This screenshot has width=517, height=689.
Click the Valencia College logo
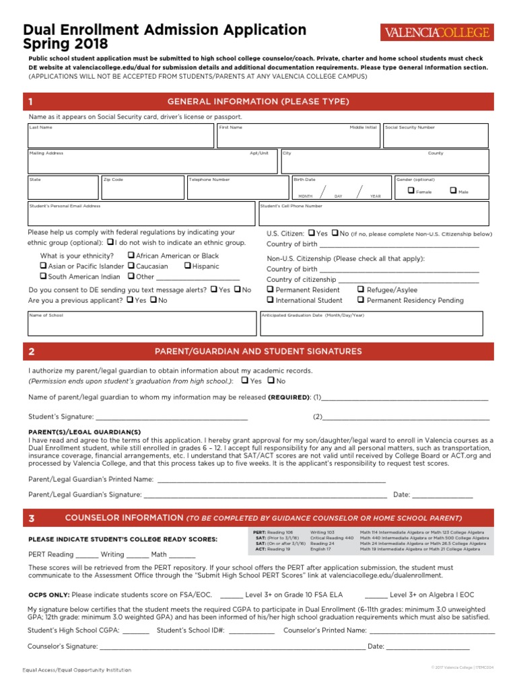[437, 32]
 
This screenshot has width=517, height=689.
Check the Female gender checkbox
[412, 191]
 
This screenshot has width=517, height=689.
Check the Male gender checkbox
[453, 191]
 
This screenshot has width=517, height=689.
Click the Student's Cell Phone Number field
[374, 215]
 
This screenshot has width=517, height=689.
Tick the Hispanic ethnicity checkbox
[187, 266]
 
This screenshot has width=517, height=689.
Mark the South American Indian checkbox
[43, 276]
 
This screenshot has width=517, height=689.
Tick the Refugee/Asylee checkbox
[361, 289]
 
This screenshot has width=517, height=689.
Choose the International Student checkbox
[270, 300]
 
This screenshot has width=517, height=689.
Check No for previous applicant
[153, 300]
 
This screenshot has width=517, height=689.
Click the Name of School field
[142, 326]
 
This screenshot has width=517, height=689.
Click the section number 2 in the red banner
[32, 351]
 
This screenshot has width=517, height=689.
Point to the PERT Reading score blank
[87, 554]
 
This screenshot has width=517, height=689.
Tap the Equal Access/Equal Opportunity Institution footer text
[77, 670]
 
